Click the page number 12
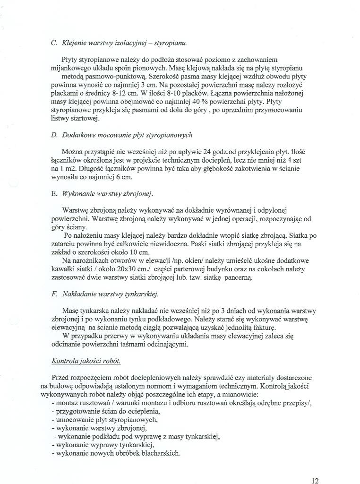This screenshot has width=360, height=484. coord(315,481)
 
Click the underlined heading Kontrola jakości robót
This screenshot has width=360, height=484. coord(86,361)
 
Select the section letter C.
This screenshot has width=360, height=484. coord(53,43)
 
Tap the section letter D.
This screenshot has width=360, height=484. coord(54,135)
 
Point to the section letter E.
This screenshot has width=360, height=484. coord(53,194)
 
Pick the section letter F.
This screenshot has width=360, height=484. coord(53,294)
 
